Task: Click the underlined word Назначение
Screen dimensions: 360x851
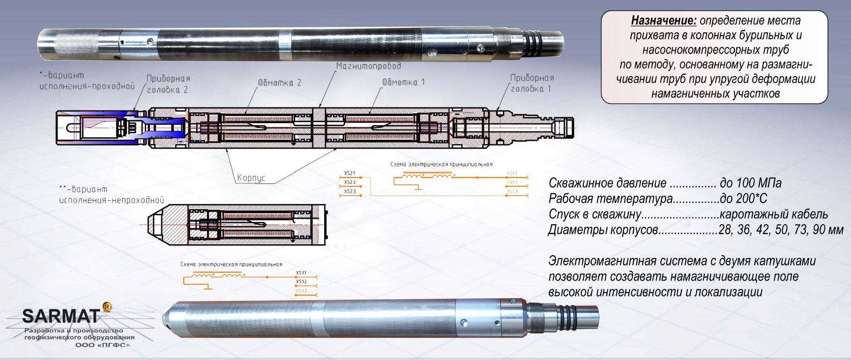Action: click(x=663, y=21)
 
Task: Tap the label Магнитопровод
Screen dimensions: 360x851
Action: click(x=368, y=66)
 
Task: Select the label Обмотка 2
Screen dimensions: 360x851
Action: click(x=279, y=83)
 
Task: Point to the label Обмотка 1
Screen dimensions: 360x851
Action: click(x=403, y=82)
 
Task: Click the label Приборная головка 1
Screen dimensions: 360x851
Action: click(x=531, y=83)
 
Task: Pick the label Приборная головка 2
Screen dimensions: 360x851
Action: click(x=168, y=84)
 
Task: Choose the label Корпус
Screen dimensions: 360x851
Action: click(x=250, y=178)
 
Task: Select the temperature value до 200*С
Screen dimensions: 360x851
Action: click(x=743, y=199)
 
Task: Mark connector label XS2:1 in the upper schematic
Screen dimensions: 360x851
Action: click(x=350, y=173)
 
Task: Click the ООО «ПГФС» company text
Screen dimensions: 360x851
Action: click(x=103, y=345)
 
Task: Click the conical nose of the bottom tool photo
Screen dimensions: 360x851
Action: click(x=167, y=321)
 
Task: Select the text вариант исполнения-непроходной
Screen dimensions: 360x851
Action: click(x=112, y=195)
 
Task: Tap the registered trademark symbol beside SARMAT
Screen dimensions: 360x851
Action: click(x=106, y=307)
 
